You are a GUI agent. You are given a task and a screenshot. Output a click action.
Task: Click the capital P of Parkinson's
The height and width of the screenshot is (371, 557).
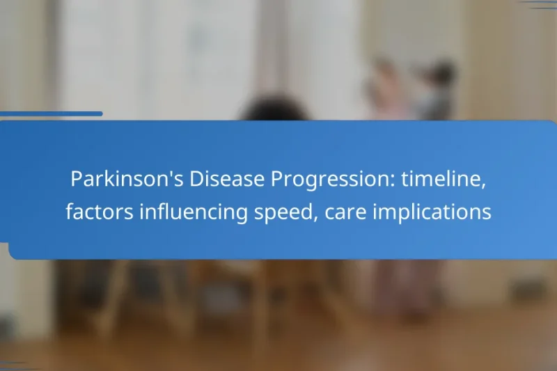[76, 180]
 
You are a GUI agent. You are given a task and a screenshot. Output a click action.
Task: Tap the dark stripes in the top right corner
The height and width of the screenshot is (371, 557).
[539, 4]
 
